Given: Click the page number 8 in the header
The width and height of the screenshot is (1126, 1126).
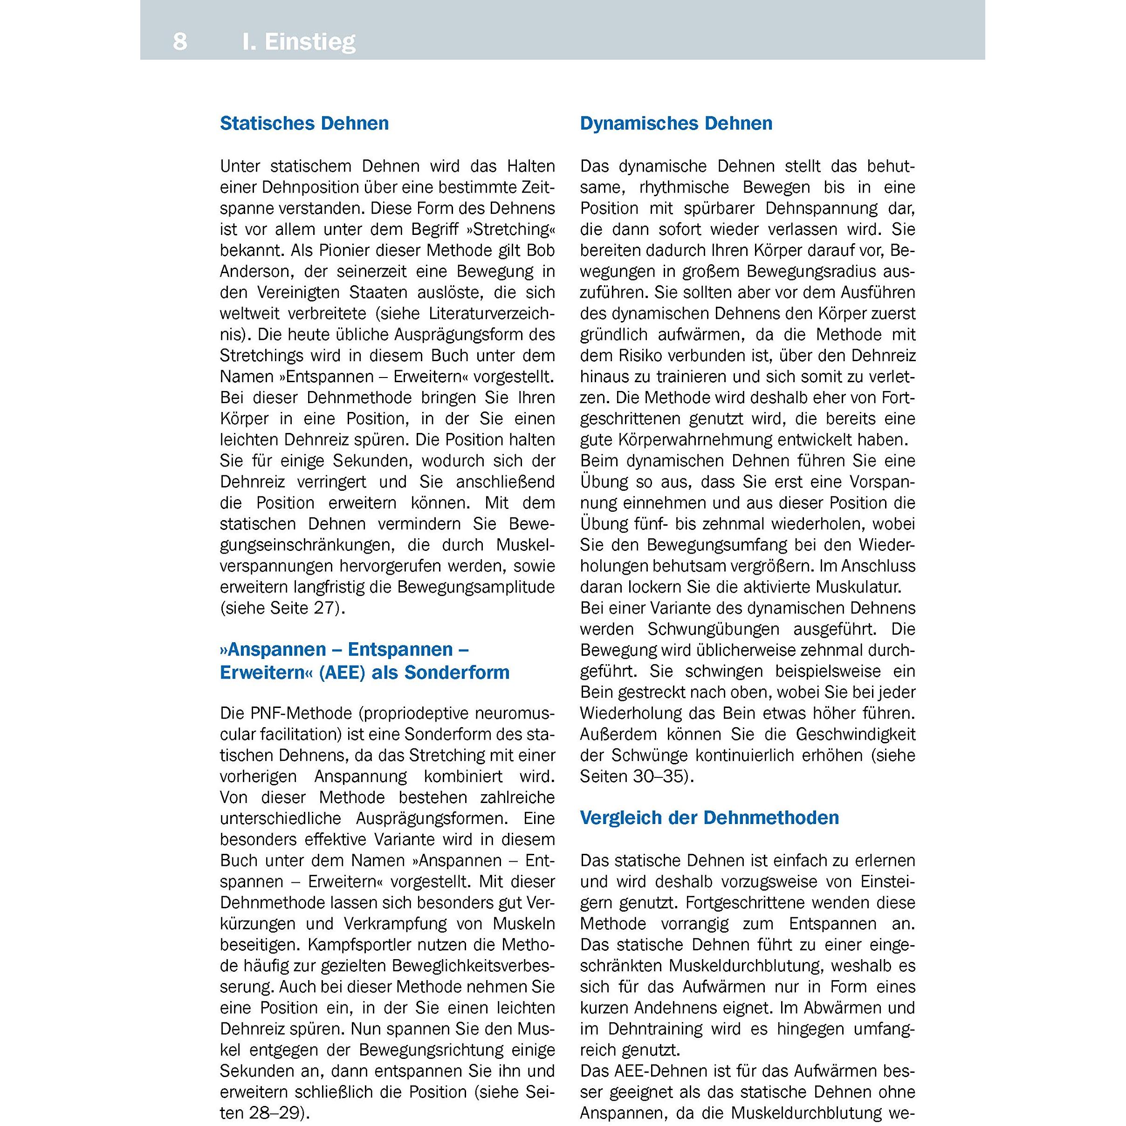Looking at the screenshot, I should tap(180, 42).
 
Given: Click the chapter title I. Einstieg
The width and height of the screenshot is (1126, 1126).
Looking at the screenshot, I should tap(298, 42).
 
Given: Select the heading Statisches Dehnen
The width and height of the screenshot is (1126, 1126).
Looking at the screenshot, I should tap(304, 124).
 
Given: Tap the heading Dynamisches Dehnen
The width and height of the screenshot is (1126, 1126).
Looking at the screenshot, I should tap(676, 124).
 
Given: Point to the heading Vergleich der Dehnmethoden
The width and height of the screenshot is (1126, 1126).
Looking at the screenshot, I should tap(709, 817).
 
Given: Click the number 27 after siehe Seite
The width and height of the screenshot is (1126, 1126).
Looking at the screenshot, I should tap(325, 609).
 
